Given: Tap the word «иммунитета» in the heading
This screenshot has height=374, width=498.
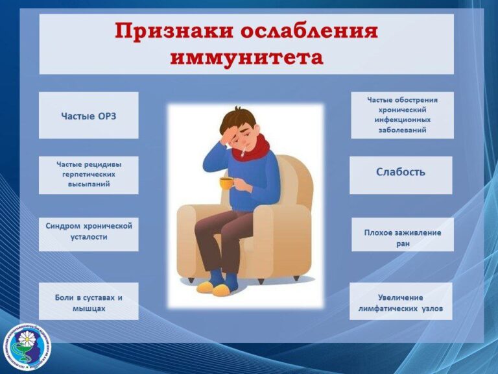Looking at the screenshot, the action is click(x=247, y=58).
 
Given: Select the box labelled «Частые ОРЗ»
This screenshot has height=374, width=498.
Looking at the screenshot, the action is click(x=89, y=116).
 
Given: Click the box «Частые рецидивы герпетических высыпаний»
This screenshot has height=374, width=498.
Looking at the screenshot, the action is click(x=89, y=175).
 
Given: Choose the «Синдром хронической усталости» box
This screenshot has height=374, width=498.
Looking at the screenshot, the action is click(x=89, y=234).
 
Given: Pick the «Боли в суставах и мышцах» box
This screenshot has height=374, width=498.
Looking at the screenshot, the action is click(x=89, y=301).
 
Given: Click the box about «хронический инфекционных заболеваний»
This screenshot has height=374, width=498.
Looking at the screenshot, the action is click(x=403, y=115).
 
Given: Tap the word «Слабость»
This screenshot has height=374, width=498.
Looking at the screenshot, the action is click(x=401, y=172).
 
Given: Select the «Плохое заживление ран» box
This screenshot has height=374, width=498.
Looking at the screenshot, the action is click(x=403, y=234).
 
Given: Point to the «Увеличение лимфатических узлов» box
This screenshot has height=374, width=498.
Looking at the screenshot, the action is click(x=401, y=301).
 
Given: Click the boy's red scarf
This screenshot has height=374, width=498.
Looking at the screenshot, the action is click(x=251, y=148).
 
